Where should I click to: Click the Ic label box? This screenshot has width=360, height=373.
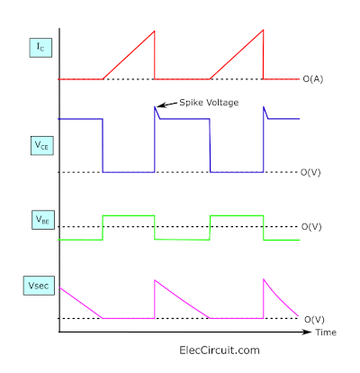tap(40, 48)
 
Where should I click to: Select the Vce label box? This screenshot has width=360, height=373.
tap(42, 146)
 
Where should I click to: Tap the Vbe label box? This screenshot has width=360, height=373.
tap(43, 220)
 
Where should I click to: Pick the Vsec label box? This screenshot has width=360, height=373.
tap(39, 286)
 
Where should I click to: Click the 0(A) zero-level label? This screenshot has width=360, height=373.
tap(313, 79)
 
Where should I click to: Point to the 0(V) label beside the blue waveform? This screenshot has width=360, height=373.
tap(310, 172)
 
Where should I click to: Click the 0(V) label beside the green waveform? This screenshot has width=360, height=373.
tap(311, 226)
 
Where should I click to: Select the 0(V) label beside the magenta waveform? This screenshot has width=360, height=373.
tap(314, 319)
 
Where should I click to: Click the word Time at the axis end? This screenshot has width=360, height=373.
tap(326, 332)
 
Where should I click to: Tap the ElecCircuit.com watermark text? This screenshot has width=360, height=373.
tap(220, 350)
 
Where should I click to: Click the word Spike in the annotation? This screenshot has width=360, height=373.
tap(189, 103)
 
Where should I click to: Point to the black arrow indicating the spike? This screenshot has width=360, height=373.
tap(167, 105)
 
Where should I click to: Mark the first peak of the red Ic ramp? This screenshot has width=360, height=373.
tap(155, 31)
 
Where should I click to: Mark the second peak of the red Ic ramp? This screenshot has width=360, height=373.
tap(263, 30)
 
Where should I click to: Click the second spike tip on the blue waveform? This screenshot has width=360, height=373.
tap(264, 106)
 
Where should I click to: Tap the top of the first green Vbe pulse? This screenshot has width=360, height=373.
tap(129, 215)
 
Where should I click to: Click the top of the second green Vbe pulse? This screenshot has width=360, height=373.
tap(237, 215)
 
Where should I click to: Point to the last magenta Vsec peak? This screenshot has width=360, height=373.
tap(264, 279)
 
